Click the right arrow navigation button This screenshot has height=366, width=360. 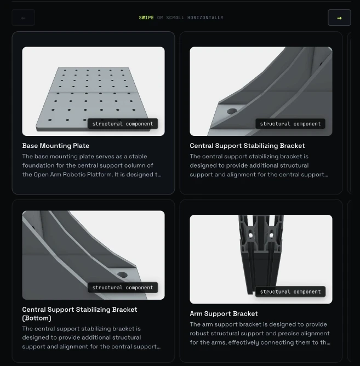(x=339, y=18)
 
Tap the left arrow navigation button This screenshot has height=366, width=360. (x=23, y=18)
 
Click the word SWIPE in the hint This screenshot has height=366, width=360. (x=146, y=18)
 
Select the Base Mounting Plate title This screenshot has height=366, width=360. (x=56, y=146)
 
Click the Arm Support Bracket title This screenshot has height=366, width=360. (x=224, y=313)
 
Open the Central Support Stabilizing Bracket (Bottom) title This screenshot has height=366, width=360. (x=79, y=314)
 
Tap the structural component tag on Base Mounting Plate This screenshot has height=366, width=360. (x=123, y=124)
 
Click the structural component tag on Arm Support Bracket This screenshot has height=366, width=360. (x=290, y=291)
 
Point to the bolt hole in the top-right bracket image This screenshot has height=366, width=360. (x=232, y=111)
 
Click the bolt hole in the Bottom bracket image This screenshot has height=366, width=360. (x=122, y=274)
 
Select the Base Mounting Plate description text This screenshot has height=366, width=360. (x=92, y=165)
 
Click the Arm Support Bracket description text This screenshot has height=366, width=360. (x=260, y=333)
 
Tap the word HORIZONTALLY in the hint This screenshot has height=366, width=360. (x=205, y=18)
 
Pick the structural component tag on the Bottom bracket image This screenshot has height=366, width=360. (x=123, y=288)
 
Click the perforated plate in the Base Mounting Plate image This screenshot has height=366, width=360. (x=93, y=98)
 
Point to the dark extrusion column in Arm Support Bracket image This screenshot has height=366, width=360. (x=260, y=254)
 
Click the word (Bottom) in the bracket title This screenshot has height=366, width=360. (x=37, y=318)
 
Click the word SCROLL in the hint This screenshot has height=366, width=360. (x=175, y=18)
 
